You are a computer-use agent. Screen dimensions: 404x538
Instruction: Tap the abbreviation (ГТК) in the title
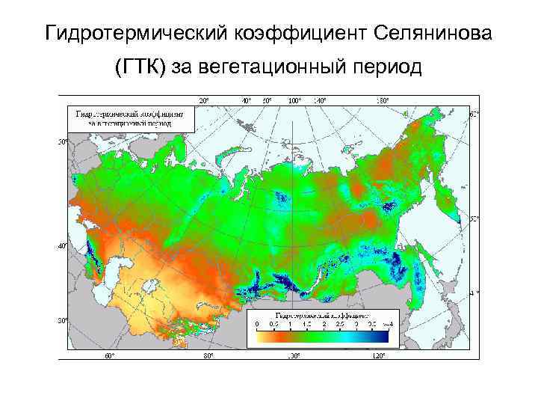[140, 69]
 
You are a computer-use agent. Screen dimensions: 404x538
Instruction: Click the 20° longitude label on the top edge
[203, 100]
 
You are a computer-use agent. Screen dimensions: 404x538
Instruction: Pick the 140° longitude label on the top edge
[320, 100]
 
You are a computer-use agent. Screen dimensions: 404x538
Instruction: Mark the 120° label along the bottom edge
[379, 355]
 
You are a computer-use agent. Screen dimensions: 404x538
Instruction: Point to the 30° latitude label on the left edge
[64, 320]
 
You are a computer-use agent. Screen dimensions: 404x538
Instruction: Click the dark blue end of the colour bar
[383, 336]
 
